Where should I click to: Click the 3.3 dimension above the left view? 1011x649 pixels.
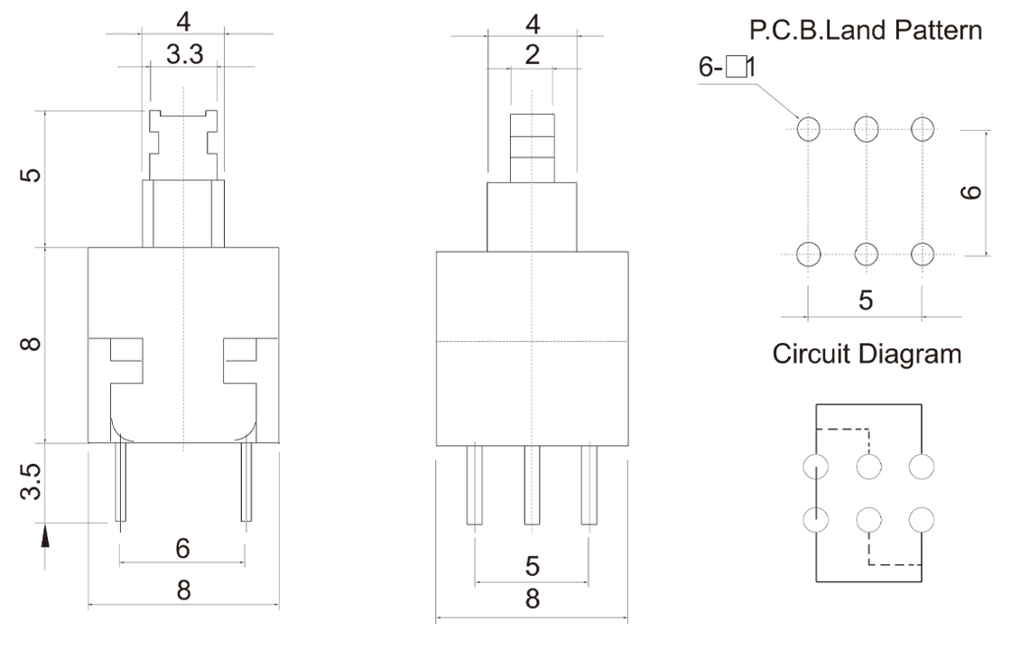184,56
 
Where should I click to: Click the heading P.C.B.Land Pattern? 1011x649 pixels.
866,32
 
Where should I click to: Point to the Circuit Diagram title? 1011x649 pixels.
866,354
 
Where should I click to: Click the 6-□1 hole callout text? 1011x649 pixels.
726,68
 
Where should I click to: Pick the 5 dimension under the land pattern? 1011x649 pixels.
866,301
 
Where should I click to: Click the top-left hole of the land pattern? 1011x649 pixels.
808,129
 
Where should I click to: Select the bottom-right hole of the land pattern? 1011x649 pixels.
923,254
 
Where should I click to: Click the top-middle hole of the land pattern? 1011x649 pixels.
866,129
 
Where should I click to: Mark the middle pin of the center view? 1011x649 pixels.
532,486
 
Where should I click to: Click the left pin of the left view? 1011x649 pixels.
120,483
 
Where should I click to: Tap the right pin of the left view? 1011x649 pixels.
245,483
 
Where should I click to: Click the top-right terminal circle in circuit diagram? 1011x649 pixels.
922,467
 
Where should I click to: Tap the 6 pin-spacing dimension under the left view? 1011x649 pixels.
183,548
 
